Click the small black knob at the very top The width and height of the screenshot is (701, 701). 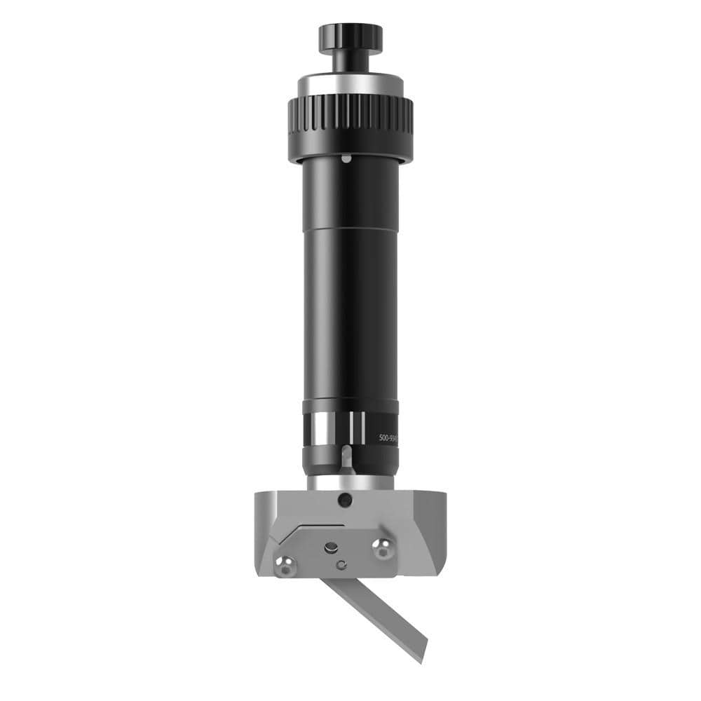tap(350, 37)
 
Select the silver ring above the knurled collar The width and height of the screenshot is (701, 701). tap(350, 85)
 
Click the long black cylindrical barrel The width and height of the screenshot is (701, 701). tap(350, 280)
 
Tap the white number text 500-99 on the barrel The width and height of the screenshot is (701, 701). tap(388, 437)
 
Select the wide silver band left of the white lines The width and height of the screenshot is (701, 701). tap(324, 429)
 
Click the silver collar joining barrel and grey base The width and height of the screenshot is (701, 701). tap(350, 483)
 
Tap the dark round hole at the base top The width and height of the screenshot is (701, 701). tap(343, 501)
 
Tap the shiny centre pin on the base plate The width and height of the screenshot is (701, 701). tap(329, 547)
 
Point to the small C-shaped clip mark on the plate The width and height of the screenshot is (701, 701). tap(341, 564)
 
